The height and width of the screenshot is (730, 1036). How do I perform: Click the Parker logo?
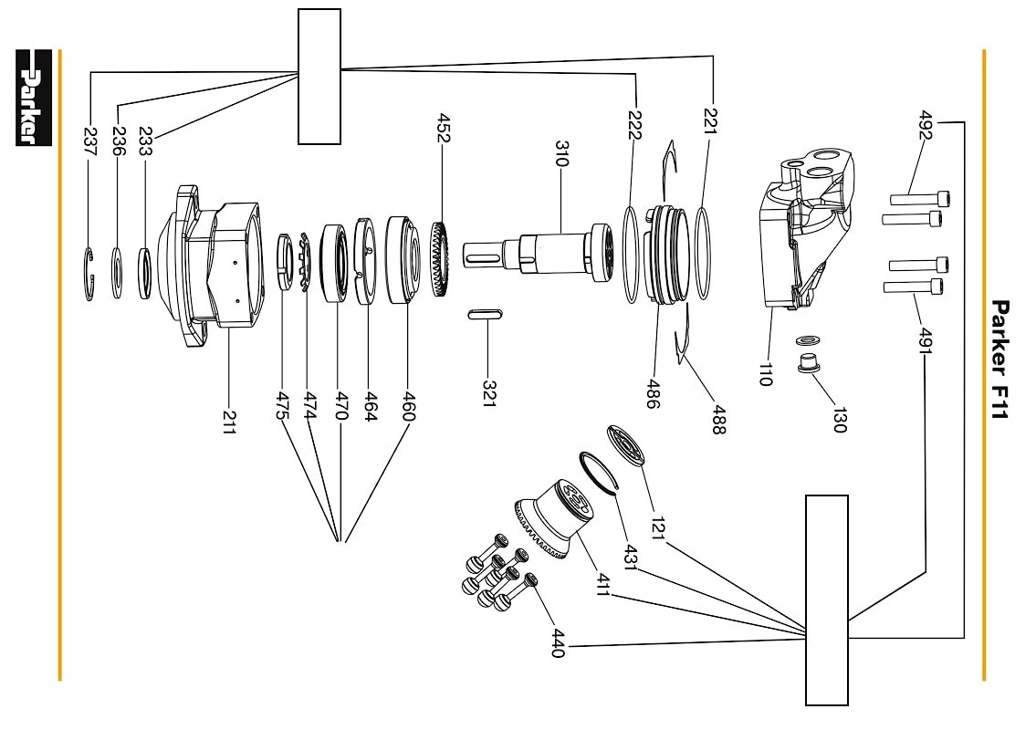pos(33,98)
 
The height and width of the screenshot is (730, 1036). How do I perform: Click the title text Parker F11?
pos(1000,360)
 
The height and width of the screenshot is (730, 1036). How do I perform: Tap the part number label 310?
pos(561,153)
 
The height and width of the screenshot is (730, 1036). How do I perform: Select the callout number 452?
pos(444,128)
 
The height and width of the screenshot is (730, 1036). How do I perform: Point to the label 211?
pos(228,422)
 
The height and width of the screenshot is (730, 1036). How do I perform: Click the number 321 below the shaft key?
pos(489,393)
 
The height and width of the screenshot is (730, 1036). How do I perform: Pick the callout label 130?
pos(839,420)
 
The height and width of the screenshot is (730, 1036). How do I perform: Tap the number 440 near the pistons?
pos(559,643)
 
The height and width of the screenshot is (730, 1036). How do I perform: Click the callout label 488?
pos(719,421)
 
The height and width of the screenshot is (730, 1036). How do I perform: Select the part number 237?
pos(89,142)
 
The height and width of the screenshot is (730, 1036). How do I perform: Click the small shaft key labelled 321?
pos(486,314)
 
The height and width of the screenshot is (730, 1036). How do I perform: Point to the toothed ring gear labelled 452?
pos(441,259)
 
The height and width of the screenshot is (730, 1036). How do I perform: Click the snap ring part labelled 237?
pos(89,274)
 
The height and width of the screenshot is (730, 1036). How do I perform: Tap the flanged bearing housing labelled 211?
pos(212,266)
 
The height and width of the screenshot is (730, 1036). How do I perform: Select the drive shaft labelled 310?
pos(539,254)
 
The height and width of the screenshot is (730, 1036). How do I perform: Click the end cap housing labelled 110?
pos(805,228)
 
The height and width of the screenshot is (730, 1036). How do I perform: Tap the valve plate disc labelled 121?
pos(626,446)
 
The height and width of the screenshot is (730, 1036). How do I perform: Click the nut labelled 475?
pos(283,262)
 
